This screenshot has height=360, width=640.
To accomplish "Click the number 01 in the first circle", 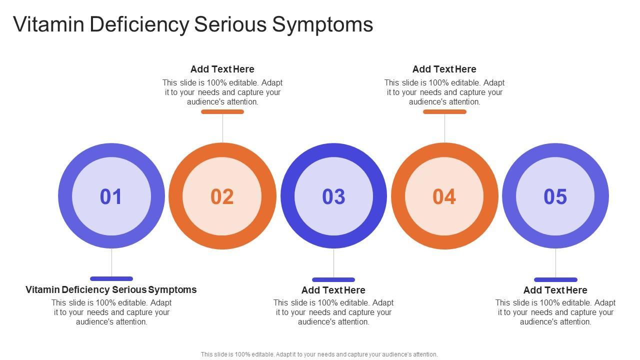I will coord(111,196).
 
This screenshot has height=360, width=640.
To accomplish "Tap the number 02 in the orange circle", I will coord(222,196).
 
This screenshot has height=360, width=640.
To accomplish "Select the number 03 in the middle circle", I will coord(333,196).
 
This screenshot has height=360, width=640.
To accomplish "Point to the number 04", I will coord(444,196).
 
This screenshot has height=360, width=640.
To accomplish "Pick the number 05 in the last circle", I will coord(555,196).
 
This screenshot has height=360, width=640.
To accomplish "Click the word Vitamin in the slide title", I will coord(48,24).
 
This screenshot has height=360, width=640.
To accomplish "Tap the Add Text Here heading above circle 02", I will coord(222,69).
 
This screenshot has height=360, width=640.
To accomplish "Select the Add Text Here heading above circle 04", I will coord(444,69).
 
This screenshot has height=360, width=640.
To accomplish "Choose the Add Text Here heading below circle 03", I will coord(333,290).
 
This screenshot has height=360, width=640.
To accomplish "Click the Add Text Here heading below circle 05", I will coord(555,290).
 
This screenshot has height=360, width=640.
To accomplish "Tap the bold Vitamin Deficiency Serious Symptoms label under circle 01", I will coord(111,289).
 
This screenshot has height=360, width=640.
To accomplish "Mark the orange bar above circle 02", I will coord(222,112).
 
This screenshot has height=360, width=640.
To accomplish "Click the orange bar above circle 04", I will coord(444,112).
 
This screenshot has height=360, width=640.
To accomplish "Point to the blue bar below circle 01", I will coord(111,278).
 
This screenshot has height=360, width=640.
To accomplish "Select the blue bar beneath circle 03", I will coord(333,279).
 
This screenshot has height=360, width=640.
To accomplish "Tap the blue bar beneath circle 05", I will coord(555,279).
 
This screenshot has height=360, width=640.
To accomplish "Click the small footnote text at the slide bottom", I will coord(319,354).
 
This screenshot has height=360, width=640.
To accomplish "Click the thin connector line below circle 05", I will coord(555,263).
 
